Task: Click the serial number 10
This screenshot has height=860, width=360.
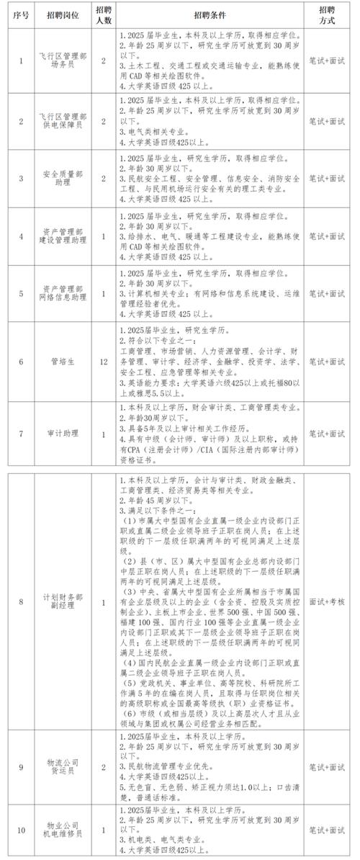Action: pos(22,830)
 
